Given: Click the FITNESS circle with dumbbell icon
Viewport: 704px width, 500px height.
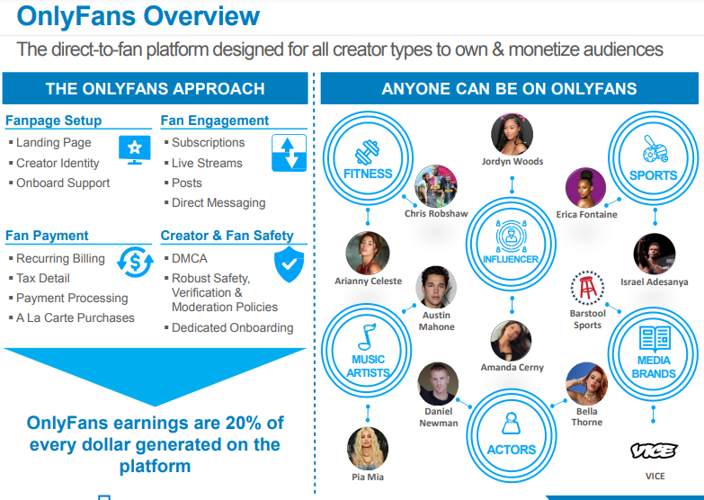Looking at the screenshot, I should [368, 161].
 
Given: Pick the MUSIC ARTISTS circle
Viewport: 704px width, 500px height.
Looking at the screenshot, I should [369, 351].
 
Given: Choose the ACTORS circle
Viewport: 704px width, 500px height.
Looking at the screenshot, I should [511, 436].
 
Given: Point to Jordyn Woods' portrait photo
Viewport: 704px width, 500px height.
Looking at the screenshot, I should [512, 134].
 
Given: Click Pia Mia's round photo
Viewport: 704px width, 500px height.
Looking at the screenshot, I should [368, 448].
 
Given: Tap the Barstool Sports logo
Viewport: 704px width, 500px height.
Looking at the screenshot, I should [587, 289].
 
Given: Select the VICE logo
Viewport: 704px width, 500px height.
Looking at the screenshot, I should [654, 451].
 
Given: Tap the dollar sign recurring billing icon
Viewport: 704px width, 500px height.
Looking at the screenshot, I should [137, 263].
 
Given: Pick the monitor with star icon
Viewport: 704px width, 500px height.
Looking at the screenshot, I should [135, 150].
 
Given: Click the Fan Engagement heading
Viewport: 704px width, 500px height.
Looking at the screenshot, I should [215, 121].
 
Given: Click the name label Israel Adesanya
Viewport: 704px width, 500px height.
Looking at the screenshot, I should [654, 281].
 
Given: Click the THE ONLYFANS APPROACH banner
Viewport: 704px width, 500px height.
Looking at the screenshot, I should [156, 89].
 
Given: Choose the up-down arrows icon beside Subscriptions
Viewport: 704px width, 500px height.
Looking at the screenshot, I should [289, 153].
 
